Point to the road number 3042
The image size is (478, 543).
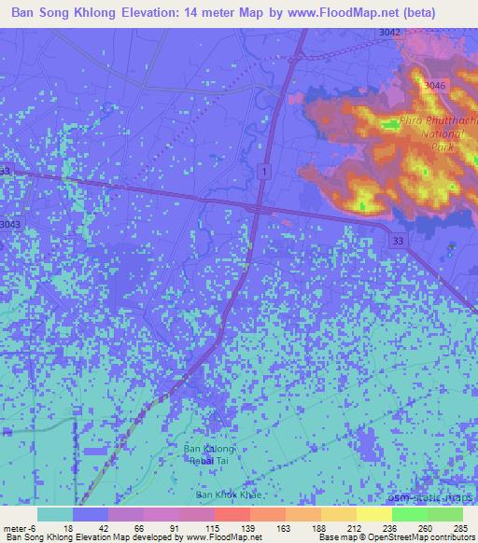click(391, 32)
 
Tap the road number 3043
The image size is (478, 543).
click(9, 224)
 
